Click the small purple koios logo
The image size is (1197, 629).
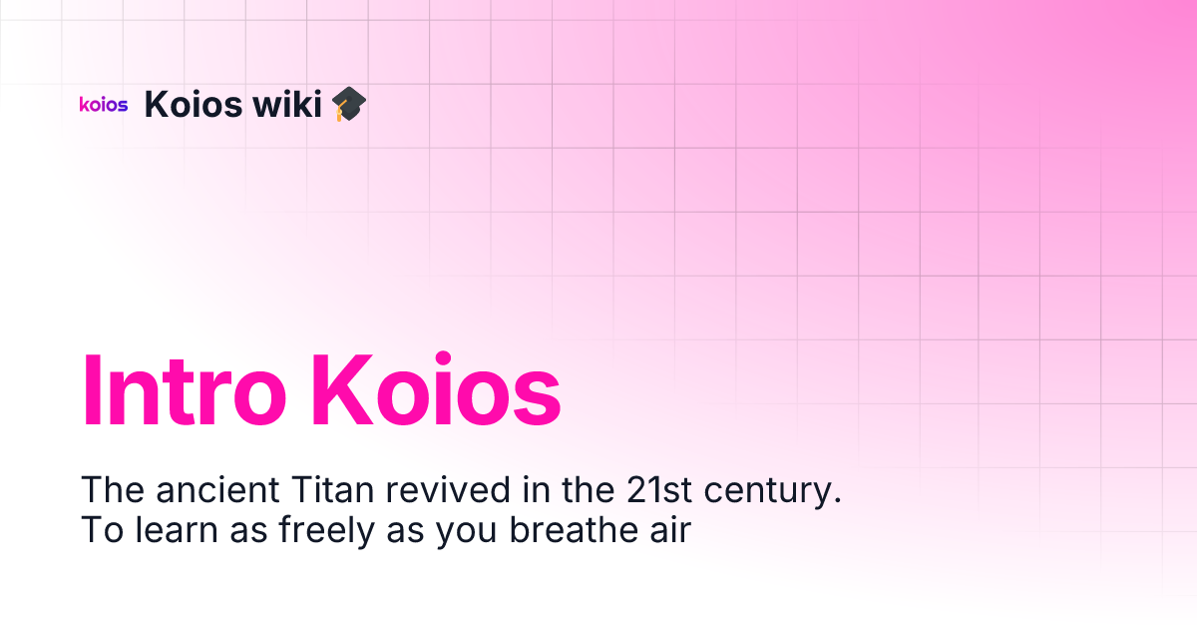pos(104,104)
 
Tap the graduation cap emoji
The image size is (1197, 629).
pos(349,104)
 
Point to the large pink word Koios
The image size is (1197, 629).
pos(436,390)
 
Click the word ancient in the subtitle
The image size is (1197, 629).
pos(217,490)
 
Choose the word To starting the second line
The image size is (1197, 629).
pos(100,530)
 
